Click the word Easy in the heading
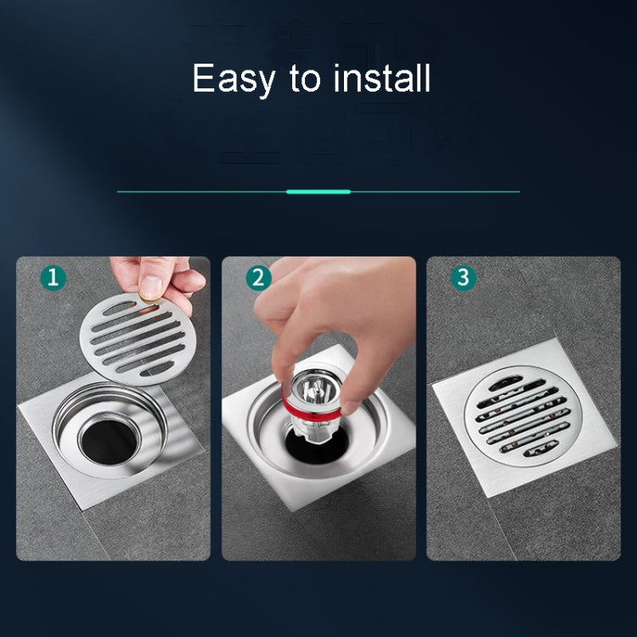click(x=234, y=79)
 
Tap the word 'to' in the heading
click(x=304, y=79)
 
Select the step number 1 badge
click(x=53, y=278)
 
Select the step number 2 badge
click(x=259, y=278)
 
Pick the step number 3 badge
click(x=463, y=278)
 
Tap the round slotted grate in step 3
click(x=518, y=414)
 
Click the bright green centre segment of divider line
click(x=318, y=192)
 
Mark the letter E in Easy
click(x=203, y=79)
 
